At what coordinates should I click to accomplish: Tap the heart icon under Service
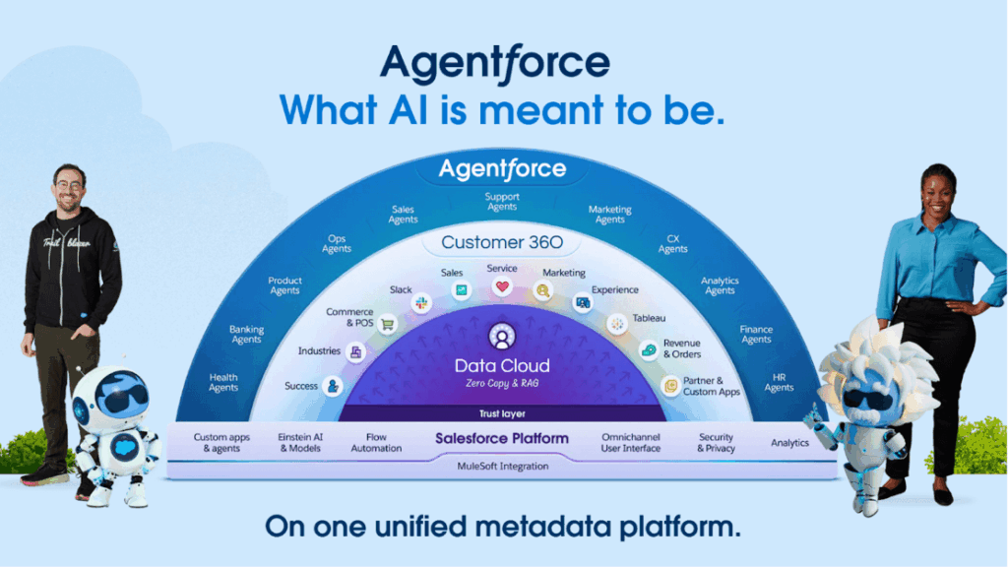pos(502,287)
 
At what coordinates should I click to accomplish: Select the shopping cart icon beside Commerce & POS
pos(388,323)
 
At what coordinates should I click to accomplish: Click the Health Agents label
pos(223,382)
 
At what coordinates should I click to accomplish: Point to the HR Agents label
pos(779,382)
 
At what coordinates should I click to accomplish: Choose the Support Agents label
pos(502,202)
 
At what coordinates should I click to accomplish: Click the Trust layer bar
pos(502,413)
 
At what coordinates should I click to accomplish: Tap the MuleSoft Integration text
pos(502,466)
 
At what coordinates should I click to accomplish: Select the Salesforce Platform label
pos(502,438)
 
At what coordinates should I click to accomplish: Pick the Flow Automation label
pos(376,443)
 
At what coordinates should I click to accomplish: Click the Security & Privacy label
pos(716,443)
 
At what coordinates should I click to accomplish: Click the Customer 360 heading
pos(502,242)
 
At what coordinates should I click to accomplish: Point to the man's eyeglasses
pos(67,185)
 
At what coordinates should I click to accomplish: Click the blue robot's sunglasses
pos(122,399)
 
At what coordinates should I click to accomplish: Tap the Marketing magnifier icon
pos(542,290)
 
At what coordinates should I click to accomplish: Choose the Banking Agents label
pos(246,335)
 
